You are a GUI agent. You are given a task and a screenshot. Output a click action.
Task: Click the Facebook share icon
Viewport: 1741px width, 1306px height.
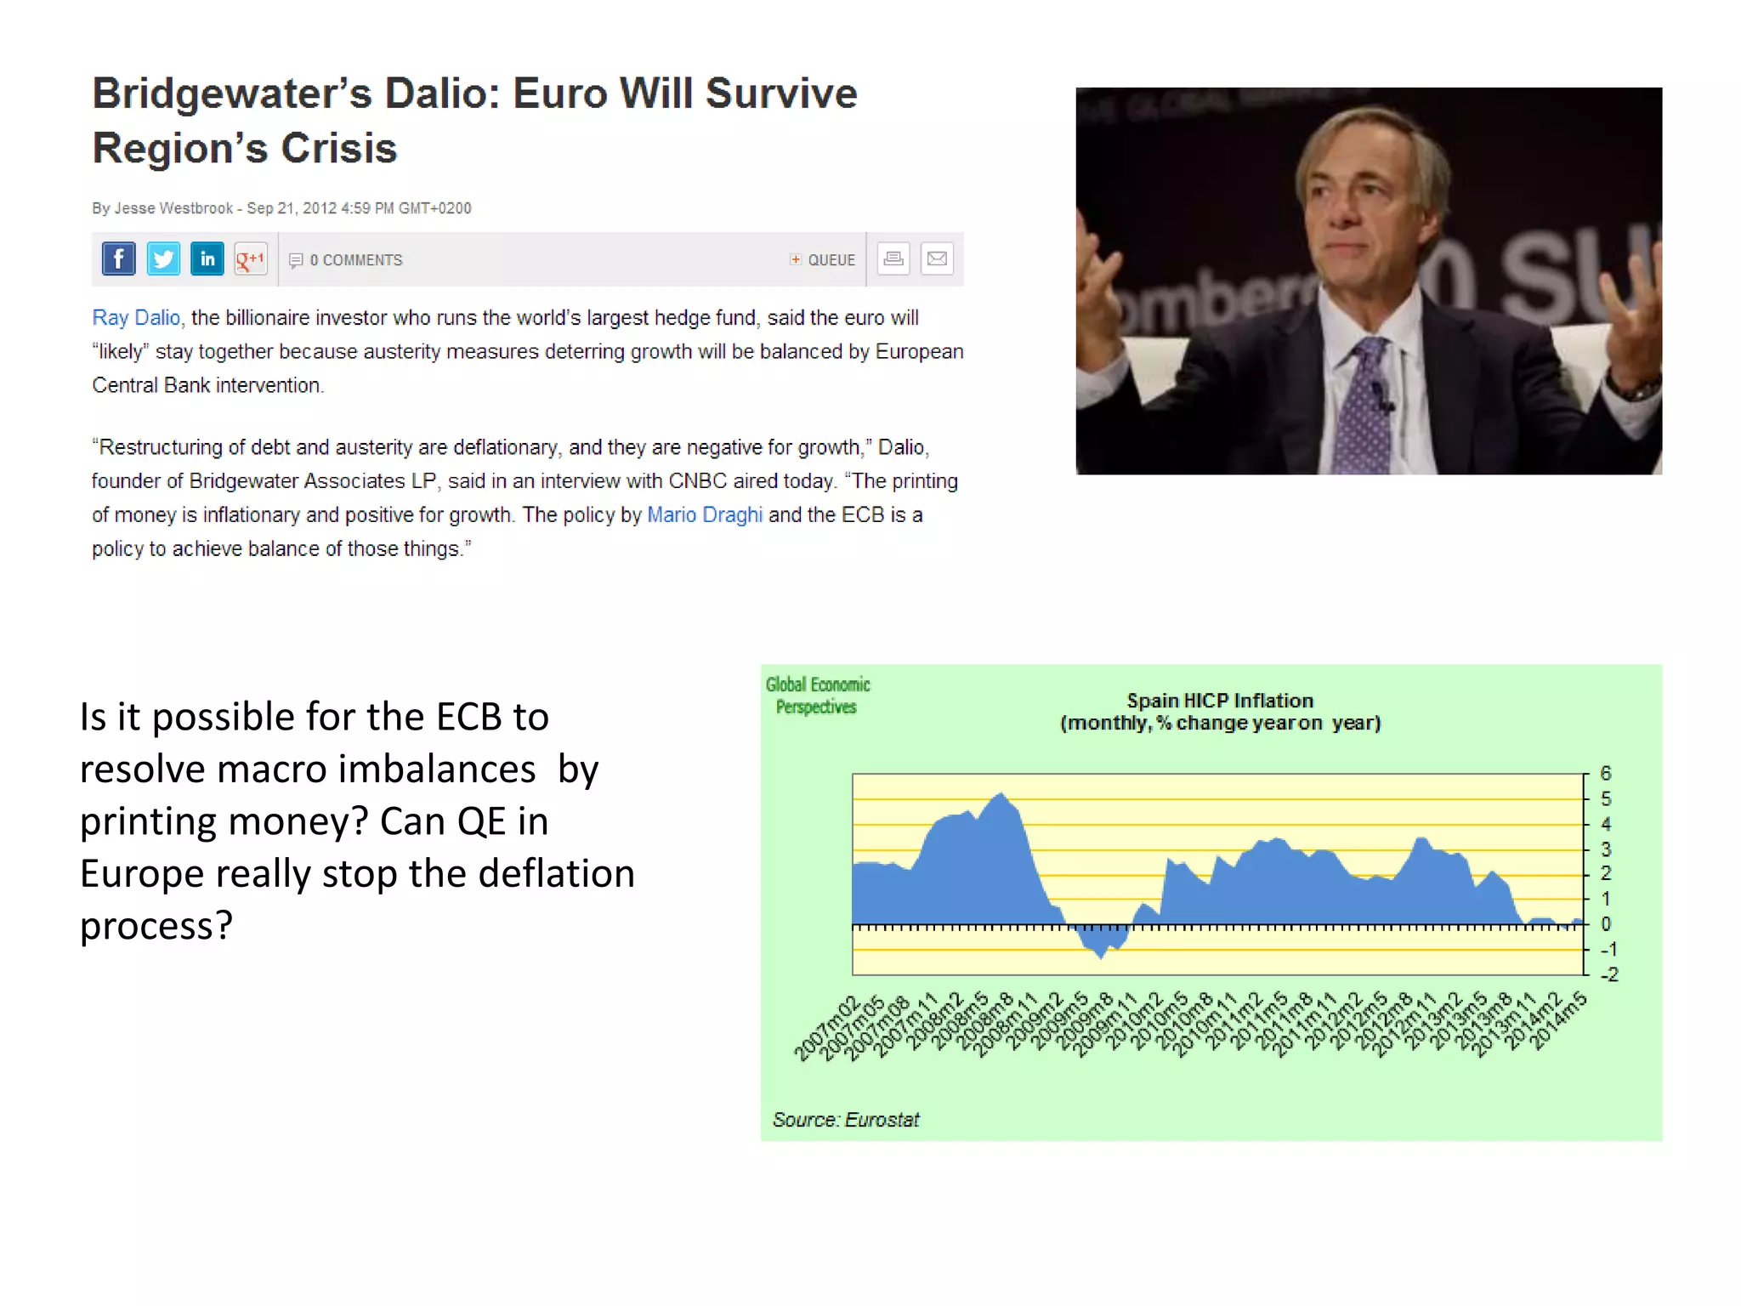(118, 258)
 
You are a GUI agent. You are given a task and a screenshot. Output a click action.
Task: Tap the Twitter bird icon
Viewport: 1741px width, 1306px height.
(162, 258)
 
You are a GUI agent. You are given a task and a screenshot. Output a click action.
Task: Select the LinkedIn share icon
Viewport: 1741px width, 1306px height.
(207, 258)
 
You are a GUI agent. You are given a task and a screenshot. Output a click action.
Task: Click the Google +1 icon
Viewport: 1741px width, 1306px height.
(251, 258)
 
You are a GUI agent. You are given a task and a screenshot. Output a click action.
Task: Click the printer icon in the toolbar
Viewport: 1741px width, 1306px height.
(893, 258)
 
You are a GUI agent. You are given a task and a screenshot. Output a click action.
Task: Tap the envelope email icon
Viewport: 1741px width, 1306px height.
(937, 258)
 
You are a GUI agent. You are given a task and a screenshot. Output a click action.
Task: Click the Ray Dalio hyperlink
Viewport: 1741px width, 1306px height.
(136, 318)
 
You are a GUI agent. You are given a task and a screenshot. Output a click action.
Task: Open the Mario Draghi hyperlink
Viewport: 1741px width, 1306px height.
(705, 515)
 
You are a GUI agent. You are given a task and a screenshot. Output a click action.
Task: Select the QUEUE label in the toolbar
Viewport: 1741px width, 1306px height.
(831, 260)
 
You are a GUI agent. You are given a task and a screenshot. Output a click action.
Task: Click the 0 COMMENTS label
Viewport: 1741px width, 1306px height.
(355, 260)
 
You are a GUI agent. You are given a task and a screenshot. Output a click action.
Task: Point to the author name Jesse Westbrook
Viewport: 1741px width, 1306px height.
(173, 208)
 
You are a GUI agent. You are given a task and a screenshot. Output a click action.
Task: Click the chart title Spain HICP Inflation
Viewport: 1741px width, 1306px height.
(1220, 701)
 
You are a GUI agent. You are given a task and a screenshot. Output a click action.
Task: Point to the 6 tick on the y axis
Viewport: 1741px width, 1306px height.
(1605, 774)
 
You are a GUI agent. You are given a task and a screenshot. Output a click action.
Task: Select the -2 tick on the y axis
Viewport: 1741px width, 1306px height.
(1608, 974)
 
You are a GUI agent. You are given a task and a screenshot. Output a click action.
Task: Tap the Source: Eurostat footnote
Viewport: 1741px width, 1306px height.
(846, 1120)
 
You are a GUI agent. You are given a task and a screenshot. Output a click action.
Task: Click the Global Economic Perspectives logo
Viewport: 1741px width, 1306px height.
(817, 696)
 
